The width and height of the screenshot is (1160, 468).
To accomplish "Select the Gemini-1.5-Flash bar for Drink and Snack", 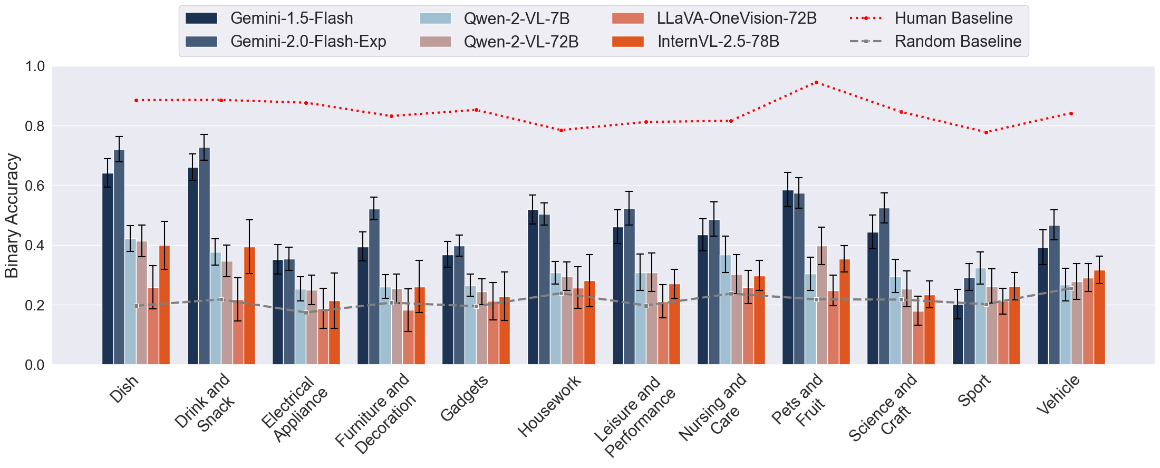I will tap(193, 266).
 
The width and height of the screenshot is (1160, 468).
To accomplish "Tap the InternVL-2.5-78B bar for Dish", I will tap(165, 305).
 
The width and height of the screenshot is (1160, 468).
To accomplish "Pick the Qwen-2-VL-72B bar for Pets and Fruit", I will tap(821, 306).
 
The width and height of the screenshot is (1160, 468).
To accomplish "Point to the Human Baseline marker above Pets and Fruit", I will tap(816, 83).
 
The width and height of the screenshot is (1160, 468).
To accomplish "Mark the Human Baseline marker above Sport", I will tap(986, 132).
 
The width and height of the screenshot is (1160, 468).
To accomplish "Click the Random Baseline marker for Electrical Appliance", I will tap(306, 313).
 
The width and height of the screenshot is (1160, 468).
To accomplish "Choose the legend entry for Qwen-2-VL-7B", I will tap(517, 18).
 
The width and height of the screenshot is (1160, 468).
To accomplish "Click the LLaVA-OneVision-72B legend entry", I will tap(736, 18).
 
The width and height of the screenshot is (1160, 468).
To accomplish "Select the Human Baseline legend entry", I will tap(953, 18).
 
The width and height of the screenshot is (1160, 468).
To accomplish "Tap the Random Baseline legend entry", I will tap(958, 42).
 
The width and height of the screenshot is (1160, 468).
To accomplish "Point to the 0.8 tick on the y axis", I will tap(35, 126).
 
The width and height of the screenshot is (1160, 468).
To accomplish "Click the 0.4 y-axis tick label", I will tap(35, 246).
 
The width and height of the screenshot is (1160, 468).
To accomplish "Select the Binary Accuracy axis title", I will tap(12, 216).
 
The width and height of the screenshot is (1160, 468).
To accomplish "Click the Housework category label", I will tap(549, 406).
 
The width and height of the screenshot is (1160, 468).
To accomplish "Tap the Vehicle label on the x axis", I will tap(1058, 395).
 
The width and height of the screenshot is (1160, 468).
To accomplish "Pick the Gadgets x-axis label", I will tap(464, 399).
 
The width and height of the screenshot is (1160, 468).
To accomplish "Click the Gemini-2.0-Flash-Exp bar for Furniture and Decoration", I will tap(374, 287).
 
